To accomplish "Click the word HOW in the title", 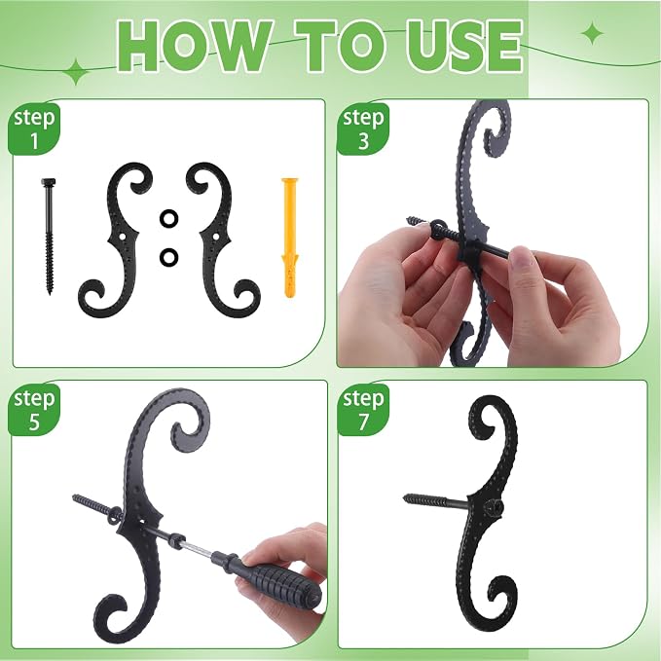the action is click(193, 45).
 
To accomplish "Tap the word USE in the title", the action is click(464, 45).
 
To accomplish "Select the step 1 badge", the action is click(34, 129).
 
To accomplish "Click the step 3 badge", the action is click(363, 129).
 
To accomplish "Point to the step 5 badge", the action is click(34, 410).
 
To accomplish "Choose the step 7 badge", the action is click(363, 410).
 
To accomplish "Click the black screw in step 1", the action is click(49, 236).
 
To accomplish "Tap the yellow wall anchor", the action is click(290, 239).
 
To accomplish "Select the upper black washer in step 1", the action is click(168, 218).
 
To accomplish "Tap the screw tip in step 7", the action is click(406, 497).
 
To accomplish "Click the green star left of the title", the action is click(76, 72).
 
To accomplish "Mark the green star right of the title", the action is click(593, 34).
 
